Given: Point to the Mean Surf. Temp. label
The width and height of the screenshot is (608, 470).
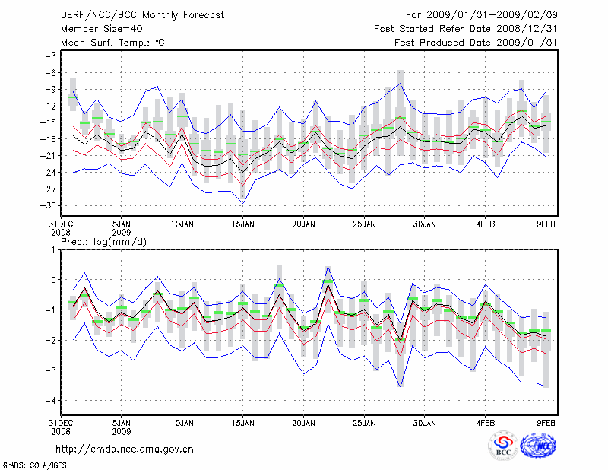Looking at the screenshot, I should click(112, 43).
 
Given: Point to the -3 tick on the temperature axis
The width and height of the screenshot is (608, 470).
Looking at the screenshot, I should click(53, 56).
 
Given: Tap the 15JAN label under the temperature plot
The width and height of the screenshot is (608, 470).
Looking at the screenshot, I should click(242, 224).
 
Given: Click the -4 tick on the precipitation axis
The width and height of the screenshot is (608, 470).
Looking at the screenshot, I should click(53, 401).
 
